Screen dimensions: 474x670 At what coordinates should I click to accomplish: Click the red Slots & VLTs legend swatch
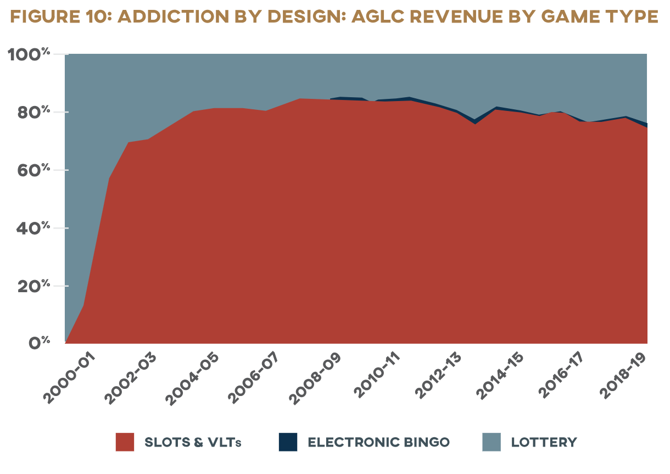[x=125, y=442]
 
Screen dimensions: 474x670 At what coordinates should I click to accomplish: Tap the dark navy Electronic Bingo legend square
[x=288, y=442]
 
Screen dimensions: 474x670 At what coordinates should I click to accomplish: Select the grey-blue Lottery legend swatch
[x=492, y=442]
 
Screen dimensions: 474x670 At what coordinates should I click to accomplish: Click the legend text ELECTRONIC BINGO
[x=378, y=443]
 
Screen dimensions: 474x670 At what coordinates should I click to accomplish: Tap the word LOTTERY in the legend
[x=544, y=443]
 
